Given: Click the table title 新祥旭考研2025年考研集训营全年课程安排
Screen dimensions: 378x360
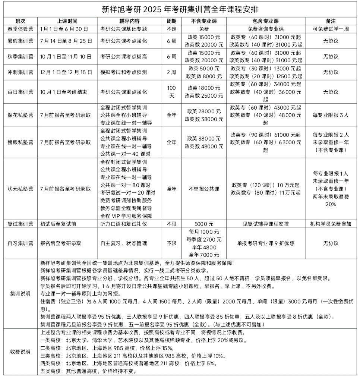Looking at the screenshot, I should pos(180,9).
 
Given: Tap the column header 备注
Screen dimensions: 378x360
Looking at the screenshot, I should pos(331,21).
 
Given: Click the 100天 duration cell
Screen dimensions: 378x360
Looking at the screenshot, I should pos(171,92).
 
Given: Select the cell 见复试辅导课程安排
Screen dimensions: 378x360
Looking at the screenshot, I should pos(265,224).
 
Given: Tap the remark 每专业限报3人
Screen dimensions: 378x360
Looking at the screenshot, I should pos(331,115).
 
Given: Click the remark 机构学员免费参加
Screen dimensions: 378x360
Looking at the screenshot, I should pos(331,224).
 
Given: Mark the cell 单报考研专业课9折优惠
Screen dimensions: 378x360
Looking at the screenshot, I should pos(265,243).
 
